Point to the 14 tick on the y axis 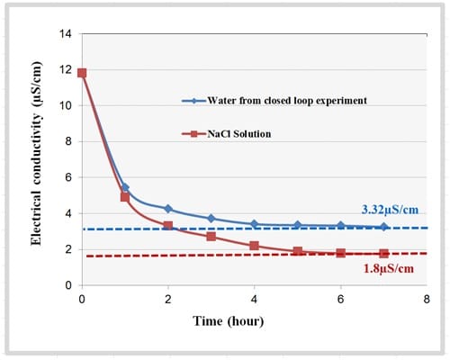point(66,34)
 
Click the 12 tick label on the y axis point(66,70)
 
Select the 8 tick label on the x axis point(426,299)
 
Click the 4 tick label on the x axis point(254,299)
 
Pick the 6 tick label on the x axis point(340,299)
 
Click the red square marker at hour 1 point(125,196)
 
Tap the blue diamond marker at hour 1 point(125,187)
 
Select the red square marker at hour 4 point(254,246)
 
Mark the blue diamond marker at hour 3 point(211,218)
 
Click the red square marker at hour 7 point(383,254)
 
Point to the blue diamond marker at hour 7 point(383,227)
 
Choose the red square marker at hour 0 point(82,73)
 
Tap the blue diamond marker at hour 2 point(168,208)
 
